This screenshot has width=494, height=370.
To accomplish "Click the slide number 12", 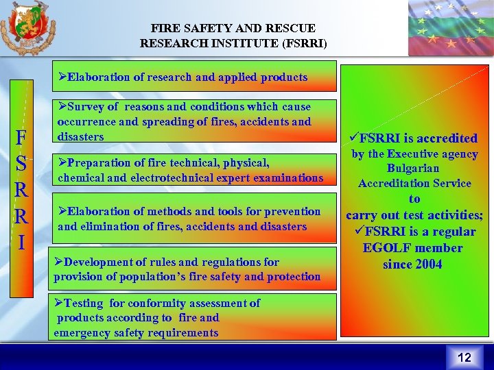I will coord(464,357).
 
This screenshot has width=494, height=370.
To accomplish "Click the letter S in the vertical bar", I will coord(22,164).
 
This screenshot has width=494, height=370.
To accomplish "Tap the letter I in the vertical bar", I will coord(22,243).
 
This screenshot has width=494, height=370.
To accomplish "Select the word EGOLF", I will coord(393,248).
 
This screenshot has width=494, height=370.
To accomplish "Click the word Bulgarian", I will coord(414,169).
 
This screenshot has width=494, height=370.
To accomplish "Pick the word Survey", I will coord(85,107).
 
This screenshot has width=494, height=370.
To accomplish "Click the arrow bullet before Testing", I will coord(59,303).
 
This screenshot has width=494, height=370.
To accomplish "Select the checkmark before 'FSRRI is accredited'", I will coord(354,138).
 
